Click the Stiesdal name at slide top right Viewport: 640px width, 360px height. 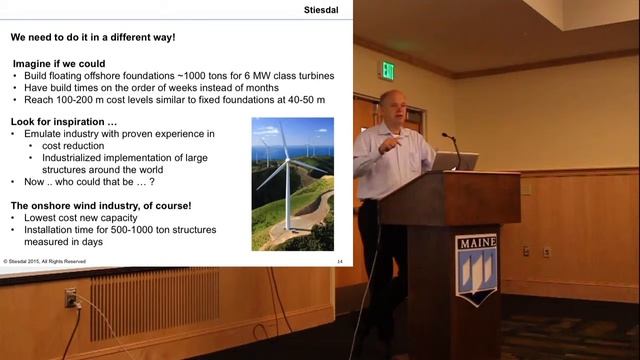pos(318,13)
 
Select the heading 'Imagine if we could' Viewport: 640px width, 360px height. pos(56,63)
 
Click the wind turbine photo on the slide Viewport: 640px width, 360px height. pos(293,183)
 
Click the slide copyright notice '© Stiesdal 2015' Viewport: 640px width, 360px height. pos(45,261)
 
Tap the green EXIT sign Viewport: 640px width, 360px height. pos(386,70)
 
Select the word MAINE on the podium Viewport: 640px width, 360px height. pos(476,243)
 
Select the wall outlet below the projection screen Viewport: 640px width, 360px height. pos(71,298)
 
